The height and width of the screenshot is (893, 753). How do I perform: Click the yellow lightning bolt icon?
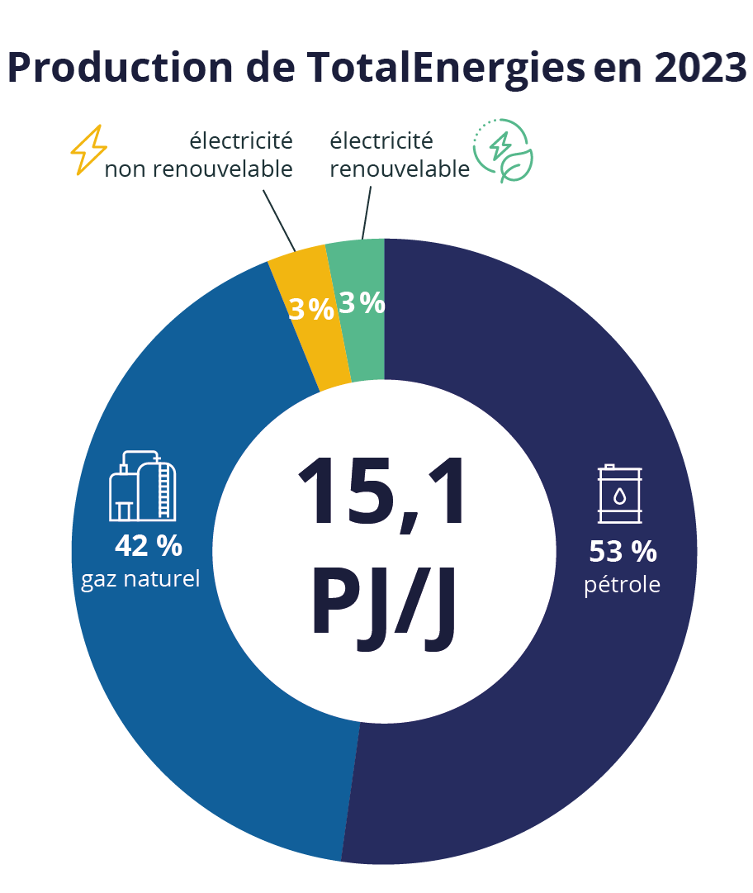pyautogui.click(x=89, y=150)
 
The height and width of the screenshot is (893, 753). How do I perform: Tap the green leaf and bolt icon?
pyautogui.click(x=503, y=150)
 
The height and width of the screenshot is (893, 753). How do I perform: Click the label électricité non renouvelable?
pyautogui.click(x=199, y=155)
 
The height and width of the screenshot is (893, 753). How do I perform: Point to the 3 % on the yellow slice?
pyautogui.click(x=310, y=309)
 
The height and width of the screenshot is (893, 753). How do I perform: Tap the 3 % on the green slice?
pyautogui.click(x=362, y=303)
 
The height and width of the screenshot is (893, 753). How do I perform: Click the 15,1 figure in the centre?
pyautogui.click(x=381, y=492)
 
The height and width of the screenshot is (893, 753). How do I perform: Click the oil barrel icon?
pyautogui.click(x=619, y=494)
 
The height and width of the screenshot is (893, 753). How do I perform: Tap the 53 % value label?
pyautogui.click(x=623, y=550)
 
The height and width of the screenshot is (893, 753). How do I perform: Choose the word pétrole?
pyautogui.click(x=623, y=585)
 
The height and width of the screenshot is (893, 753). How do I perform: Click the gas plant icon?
pyautogui.click(x=143, y=486)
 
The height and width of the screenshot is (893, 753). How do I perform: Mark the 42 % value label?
pyautogui.click(x=148, y=545)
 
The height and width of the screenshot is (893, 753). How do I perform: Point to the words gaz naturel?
pyautogui.click(x=140, y=578)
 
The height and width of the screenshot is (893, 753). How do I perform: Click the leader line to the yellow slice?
pyautogui.click(x=279, y=220)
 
